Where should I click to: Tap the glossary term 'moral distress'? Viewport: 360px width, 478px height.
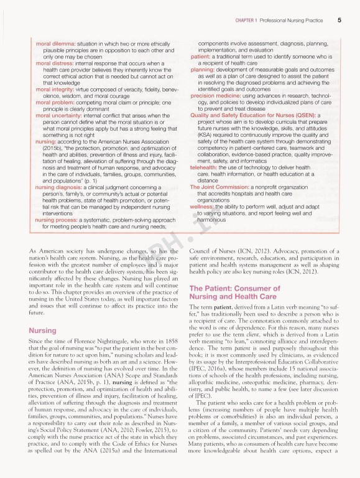[55, 62]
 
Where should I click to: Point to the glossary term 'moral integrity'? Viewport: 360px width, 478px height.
[57, 89]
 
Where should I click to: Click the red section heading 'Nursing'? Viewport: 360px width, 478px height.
[43, 330]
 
